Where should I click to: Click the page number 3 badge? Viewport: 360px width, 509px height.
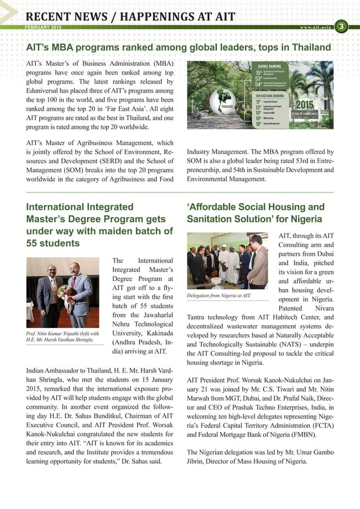tap(341, 26)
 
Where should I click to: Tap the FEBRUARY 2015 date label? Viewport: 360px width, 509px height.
tap(44, 27)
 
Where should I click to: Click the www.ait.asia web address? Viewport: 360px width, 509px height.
tap(314, 27)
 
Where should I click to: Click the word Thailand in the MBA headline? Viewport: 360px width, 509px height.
tap(310, 48)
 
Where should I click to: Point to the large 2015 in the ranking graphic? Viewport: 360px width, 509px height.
tap(304, 105)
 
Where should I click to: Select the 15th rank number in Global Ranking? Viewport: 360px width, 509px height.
tap(258, 73)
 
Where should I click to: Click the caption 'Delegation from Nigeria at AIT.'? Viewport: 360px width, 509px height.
tap(218, 295)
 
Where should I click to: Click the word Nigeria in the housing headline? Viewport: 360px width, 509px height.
tap(305, 218)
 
